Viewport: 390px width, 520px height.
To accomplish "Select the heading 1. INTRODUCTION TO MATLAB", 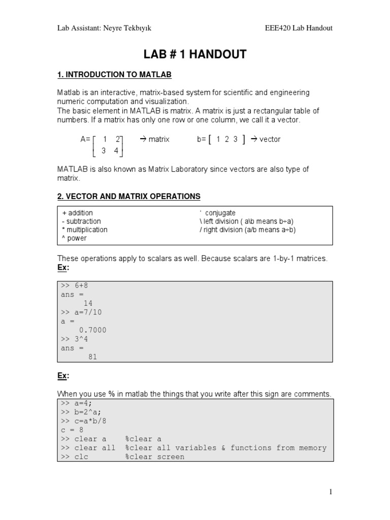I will point(114,75).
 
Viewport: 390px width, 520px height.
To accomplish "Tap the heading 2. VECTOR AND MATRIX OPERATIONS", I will point(128,196).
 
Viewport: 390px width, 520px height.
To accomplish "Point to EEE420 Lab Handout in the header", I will point(299,28).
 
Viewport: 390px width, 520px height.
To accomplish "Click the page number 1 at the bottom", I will point(331,492).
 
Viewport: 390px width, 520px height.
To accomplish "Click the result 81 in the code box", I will point(92,357).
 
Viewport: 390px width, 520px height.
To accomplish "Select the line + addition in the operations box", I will point(77,213).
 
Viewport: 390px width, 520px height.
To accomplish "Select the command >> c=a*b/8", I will point(84,420).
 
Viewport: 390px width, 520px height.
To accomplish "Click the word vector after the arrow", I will point(270,139).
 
